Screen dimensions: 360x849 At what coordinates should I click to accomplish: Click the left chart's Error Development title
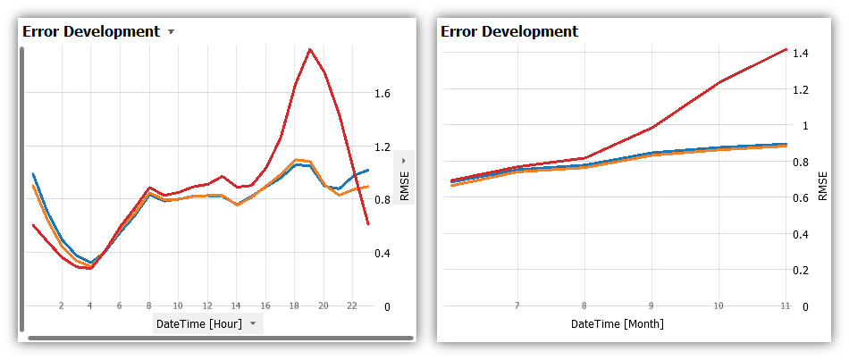pyautogui.click(x=90, y=31)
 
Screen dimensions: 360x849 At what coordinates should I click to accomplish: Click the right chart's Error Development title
pyautogui.click(x=509, y=31)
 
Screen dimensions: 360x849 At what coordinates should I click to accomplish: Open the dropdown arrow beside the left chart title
pyautogui.click(x=171, y=31)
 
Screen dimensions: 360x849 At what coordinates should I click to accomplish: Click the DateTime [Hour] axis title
pyautogui.click(x=198, y=323)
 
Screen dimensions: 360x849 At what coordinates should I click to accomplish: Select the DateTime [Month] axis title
pyautogui.click(x=618, y=323)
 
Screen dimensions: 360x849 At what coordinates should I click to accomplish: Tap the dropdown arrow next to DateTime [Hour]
pyautogui.click(x=253, y=323)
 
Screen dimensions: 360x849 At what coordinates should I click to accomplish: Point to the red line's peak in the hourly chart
pyautogui.click(x=310, y=49)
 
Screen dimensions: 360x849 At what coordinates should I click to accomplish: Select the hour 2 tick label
pyautogui.click(x=61, y=306)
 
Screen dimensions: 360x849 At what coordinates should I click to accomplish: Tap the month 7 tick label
pyautogui.click(x=517, y=306)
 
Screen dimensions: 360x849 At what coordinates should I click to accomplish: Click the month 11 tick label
pyautogui.click(x=785, y=306)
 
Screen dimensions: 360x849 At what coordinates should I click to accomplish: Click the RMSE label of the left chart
pyautogui.click(x=404, y=187)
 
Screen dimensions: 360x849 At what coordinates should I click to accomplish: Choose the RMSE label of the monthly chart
pyautogui.click(x=823, y=187)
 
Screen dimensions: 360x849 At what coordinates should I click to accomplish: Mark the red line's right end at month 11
pyautogui.click(x=786, y=49)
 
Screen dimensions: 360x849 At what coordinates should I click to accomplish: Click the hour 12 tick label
pyautogui.click(x=207, y=306)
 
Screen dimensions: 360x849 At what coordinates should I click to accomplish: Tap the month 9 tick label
pyautogui.click(x=651, y=306)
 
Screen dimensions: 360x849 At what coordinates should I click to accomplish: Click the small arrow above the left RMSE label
pyautogui.click(x=404, y=161)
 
